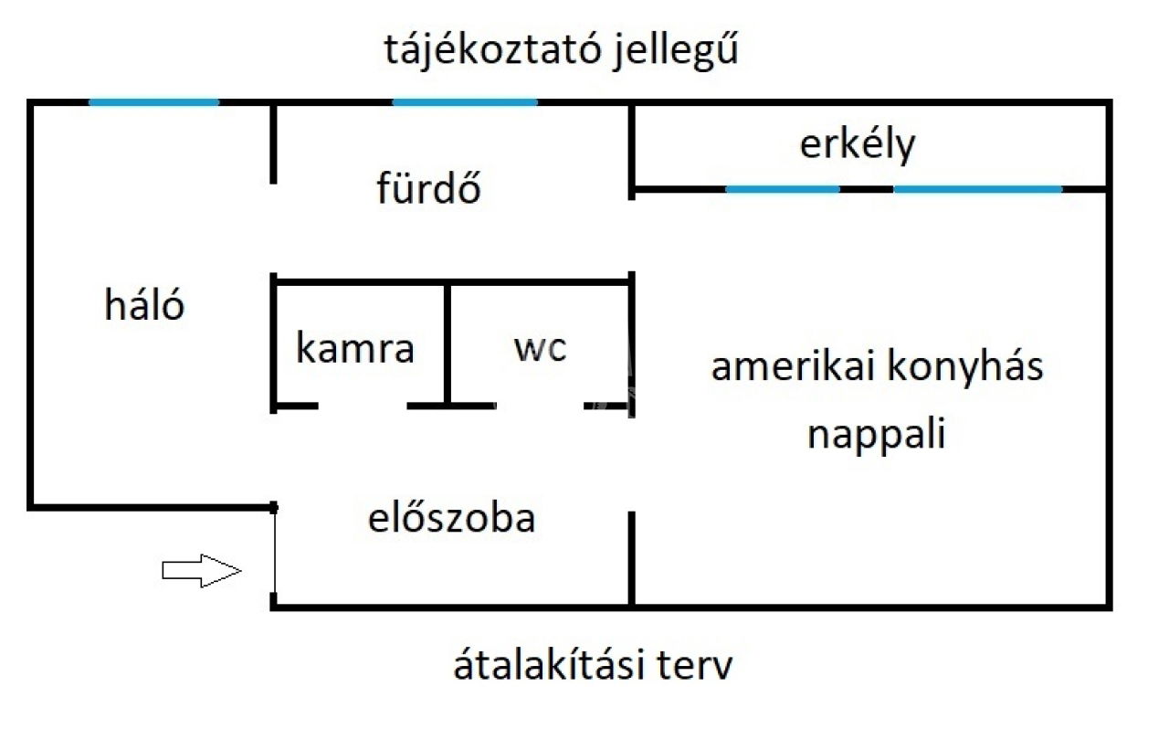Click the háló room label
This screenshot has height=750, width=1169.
coord(144,305)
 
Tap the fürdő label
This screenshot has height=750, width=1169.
coord(428,186)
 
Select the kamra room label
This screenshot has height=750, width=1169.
coord(355,347)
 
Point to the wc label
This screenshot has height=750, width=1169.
coord(540,348)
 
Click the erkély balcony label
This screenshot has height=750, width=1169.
coord(858,144)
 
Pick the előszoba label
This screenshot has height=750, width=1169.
coord(452,517)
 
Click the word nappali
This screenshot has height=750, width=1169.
coord(876,434)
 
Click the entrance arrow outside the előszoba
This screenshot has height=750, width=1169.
coord(202,570)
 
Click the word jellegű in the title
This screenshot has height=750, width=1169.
coord(676,50)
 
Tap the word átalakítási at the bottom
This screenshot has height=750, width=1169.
coord(549,664)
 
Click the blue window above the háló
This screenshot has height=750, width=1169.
coord(154,102)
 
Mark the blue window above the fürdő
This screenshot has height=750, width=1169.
coord(465,102)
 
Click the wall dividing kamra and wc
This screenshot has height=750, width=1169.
coord(448,344)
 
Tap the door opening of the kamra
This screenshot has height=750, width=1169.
coord(363,406)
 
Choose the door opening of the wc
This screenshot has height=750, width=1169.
coord(540,406)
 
